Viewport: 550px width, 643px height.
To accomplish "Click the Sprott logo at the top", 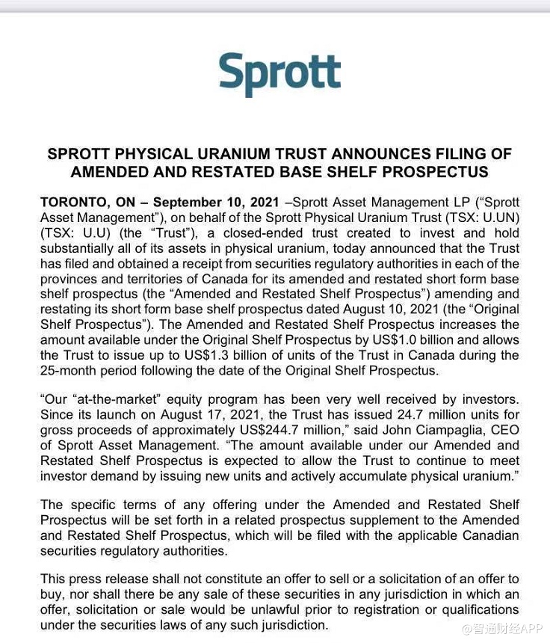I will pyautogui.click(x=279, y=74).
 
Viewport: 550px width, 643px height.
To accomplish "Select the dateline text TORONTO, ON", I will pyautogui.click(x=84, y=203).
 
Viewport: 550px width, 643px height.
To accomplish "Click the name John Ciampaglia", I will pyautogui.click(x=427, y=430).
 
